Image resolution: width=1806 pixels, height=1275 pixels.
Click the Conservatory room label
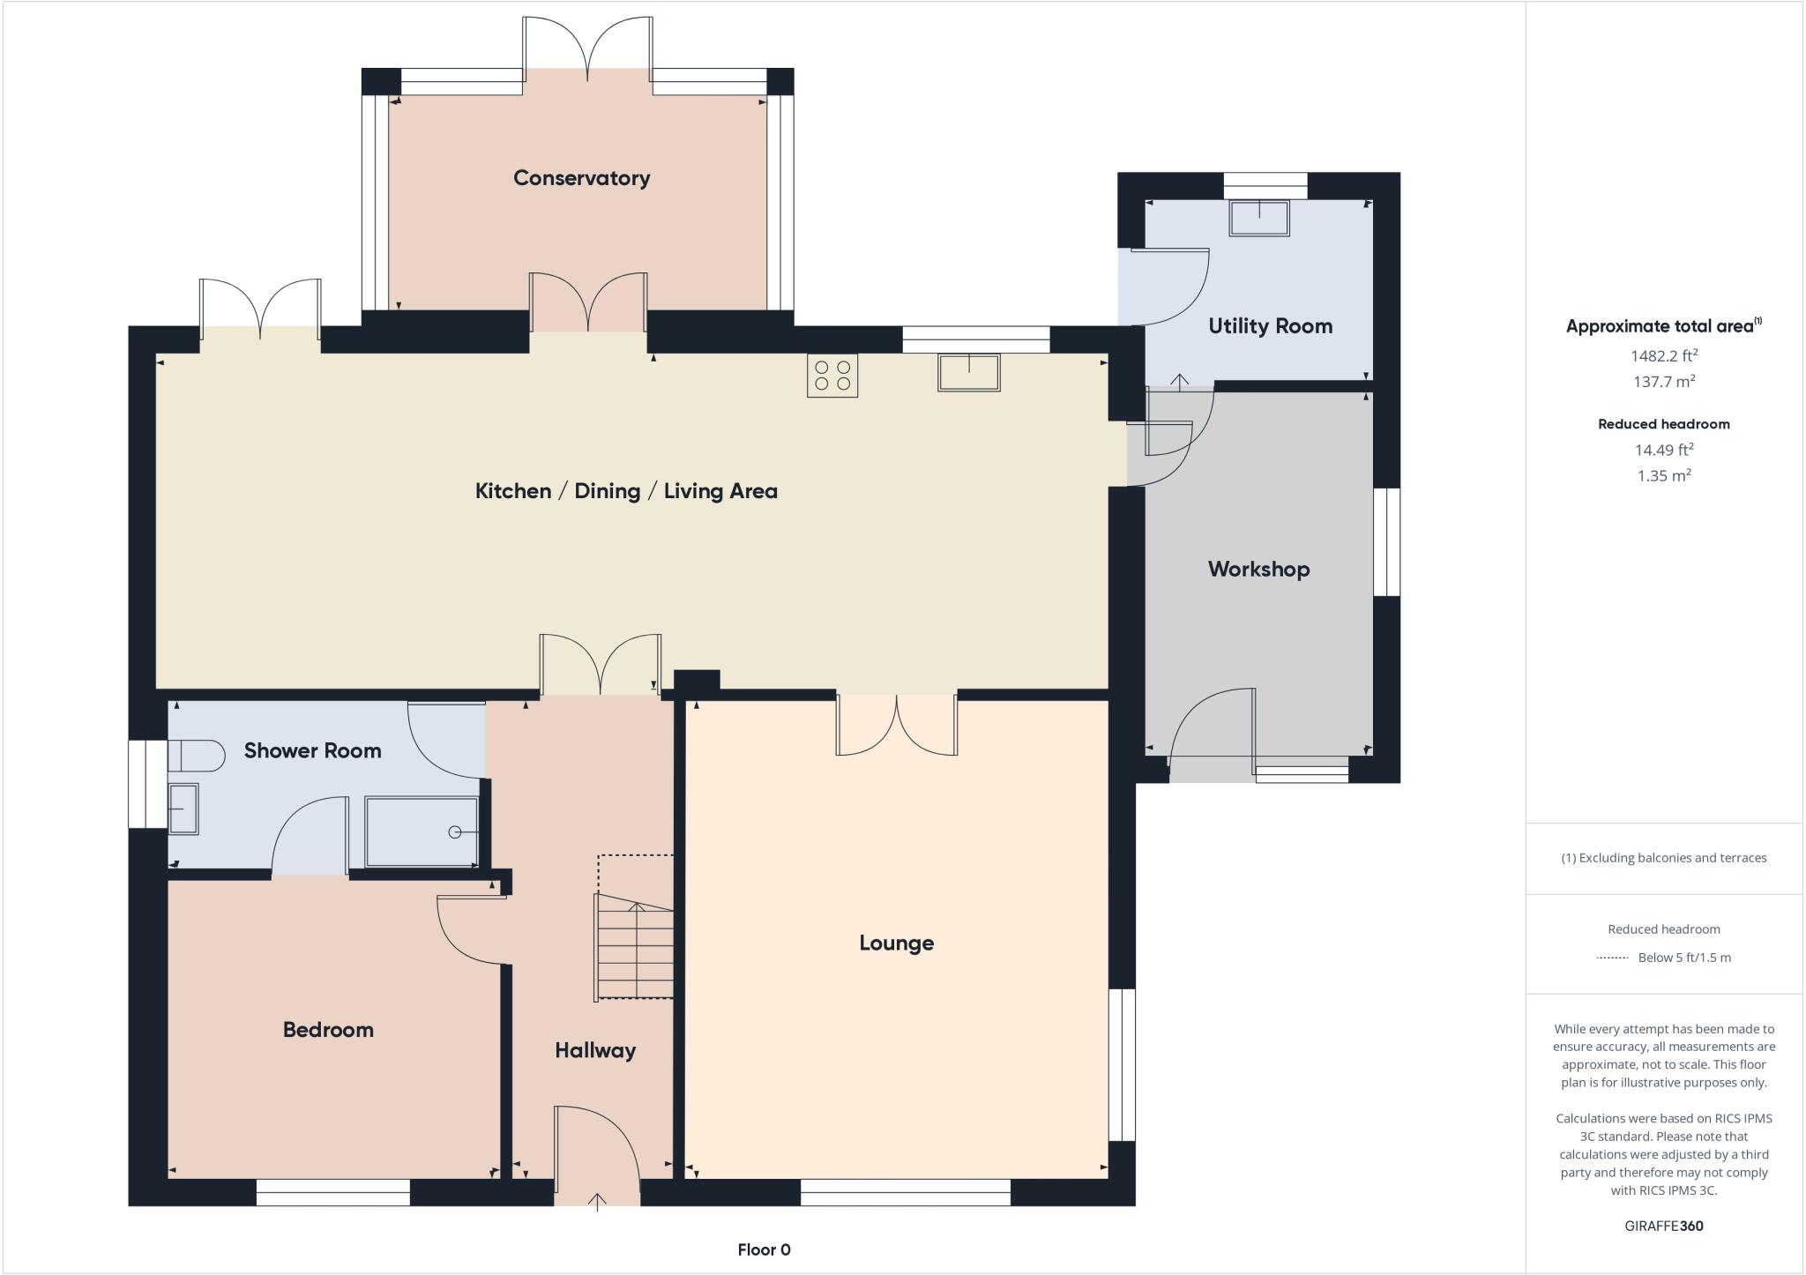click(x=581, y=178)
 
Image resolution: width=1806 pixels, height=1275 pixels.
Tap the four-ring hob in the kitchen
click(x=832, y=376)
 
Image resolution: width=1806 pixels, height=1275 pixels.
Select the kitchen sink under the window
click(x=968, y=372)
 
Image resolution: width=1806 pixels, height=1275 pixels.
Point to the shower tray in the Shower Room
click(x=422, y=831)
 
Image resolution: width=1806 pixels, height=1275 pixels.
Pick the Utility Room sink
click(x=1259, y=218)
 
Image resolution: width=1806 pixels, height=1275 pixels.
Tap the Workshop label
click(x=1258, y=570)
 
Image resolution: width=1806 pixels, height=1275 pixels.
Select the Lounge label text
click(x=896, y=943)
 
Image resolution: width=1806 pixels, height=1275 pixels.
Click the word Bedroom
click(x=328, y=1030)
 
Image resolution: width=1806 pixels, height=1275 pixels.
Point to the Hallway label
click(x=595, y=1050)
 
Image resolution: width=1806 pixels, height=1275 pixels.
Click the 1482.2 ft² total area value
click(x=1663, y=356)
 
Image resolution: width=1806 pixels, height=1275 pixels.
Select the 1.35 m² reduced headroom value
click(x=1663, y=476)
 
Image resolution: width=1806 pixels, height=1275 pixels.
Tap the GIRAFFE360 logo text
click(x=1663, y=1226)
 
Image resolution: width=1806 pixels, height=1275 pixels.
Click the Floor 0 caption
click(x=764, y=1249)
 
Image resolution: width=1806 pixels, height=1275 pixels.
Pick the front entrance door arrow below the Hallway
click(x=598, y=1201)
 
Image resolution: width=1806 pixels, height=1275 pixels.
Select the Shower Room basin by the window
click(x=183, y=809)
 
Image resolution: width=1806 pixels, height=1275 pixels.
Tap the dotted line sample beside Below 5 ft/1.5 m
click(x=1612, y=958)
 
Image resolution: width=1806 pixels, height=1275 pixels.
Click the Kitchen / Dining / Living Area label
click(x=626, y=491)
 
